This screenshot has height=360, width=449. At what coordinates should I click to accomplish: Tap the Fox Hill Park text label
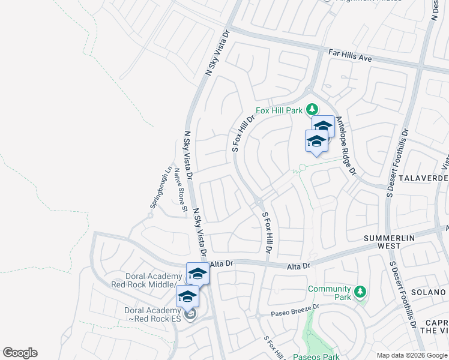click(x=279, y=110)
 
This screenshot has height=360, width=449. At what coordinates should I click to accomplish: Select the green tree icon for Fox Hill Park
click(x=312, y=109)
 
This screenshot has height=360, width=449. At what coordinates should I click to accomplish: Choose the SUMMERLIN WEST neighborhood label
click(x=388, y=242)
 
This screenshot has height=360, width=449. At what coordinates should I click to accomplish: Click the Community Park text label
click(x=329, y=293)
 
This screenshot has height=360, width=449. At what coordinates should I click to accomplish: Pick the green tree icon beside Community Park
click(x=360, y=292)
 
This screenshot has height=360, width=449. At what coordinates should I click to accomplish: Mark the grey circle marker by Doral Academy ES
click(x=191, y=315)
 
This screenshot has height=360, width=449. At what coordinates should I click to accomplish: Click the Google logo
click(x=20, y=353)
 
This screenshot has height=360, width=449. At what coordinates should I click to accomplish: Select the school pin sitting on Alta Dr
click(x=197, y=274)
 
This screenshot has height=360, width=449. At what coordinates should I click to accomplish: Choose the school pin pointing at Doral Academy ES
click(x=187, y=296)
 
